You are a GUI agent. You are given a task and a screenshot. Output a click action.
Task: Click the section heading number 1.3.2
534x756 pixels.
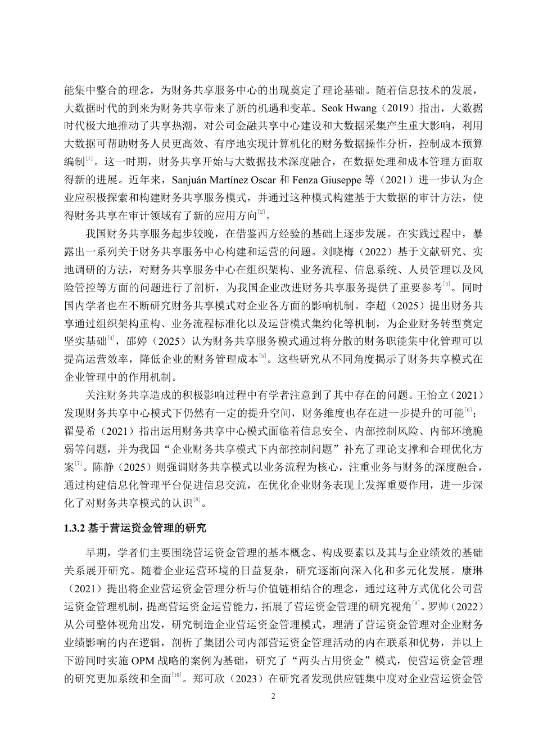(x=75, y=528)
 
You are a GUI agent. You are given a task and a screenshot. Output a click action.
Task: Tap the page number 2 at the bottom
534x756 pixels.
(x=273, y=696)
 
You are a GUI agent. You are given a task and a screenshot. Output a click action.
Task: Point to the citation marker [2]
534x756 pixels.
(x=261, y=211)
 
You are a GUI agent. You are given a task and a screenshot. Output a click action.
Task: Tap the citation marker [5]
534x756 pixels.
(x=261, y=355)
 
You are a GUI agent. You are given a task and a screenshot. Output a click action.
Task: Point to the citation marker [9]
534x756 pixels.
(x=417, y=603)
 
